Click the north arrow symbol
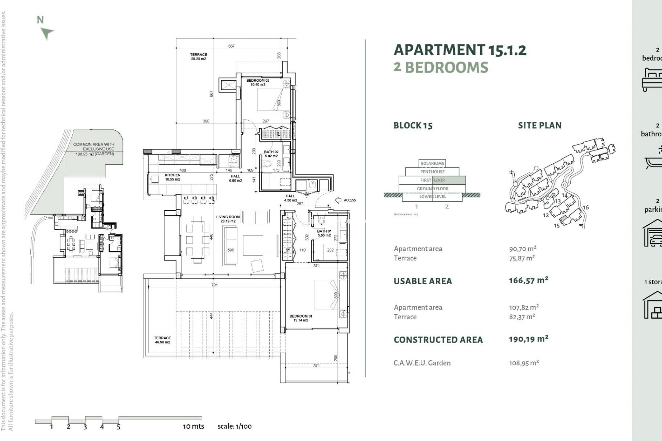[x=47, y=33]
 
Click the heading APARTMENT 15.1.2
[x=460, y=50]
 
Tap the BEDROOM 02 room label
[x=258, y=82]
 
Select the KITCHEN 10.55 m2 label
[x=172, y=177]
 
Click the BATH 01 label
[x=324, y=233]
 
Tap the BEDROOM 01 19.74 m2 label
[x=301, y=318]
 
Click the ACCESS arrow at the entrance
[x=338, y=200]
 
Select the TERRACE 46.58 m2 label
[x=162, y=340]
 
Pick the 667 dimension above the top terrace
[x=231, y=46]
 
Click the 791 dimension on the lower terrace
[x=214, y=285]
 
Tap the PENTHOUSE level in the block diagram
[x=432, y=172]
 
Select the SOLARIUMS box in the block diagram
[x=432, y=163]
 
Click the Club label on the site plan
[x=550, y=196]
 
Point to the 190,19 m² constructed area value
[x=528, y=339]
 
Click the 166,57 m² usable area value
[x=528, y=280]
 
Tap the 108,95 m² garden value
[x=524, y=363]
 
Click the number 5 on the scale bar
[x=118, y=427]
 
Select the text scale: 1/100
[x=234, y=426]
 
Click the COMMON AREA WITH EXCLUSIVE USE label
[x=94, y=147]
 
